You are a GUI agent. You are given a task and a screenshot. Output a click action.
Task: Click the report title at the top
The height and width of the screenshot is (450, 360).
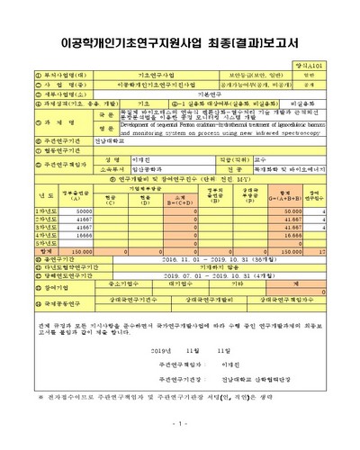[x=179, y=41]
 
